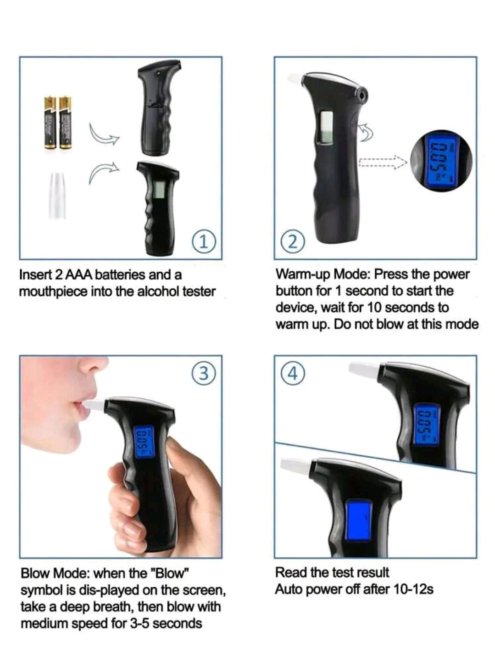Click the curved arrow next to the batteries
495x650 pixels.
(104, 135)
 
